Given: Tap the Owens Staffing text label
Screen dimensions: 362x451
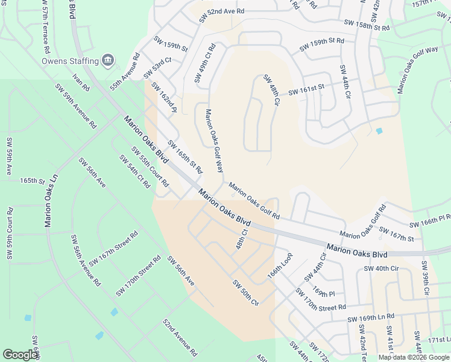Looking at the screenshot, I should (x=70, y=61).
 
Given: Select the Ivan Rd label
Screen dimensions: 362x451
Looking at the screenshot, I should (x=80, y=83).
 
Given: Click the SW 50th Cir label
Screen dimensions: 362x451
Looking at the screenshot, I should (x=245, y=293).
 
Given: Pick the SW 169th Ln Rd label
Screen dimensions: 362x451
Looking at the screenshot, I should (x=370, y=317).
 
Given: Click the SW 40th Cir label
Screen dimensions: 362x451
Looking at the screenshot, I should (x=382, y=268).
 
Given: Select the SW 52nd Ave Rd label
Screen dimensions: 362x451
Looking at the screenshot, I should (x=217, y=11).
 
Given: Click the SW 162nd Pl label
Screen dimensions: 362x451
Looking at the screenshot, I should (x=163, y=98).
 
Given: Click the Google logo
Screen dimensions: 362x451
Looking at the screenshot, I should (x=20, y=355).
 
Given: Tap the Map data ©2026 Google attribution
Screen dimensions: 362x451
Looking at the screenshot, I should (x=414, y=357).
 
